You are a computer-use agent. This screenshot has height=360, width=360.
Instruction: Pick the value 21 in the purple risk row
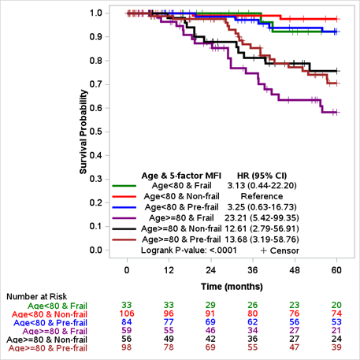(x=336, y=332)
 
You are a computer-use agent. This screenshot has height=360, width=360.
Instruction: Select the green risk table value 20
(x=336, y=305)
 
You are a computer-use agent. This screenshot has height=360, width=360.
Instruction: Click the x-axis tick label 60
(x=336, y=269)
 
